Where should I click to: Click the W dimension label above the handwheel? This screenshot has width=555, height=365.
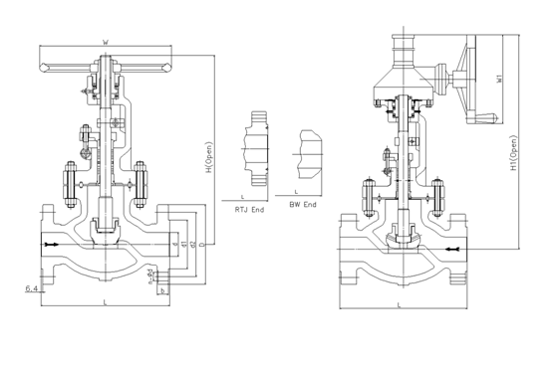(x=106, y=43)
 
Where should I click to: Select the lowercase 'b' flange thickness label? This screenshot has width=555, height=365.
(x=162, y=291)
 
